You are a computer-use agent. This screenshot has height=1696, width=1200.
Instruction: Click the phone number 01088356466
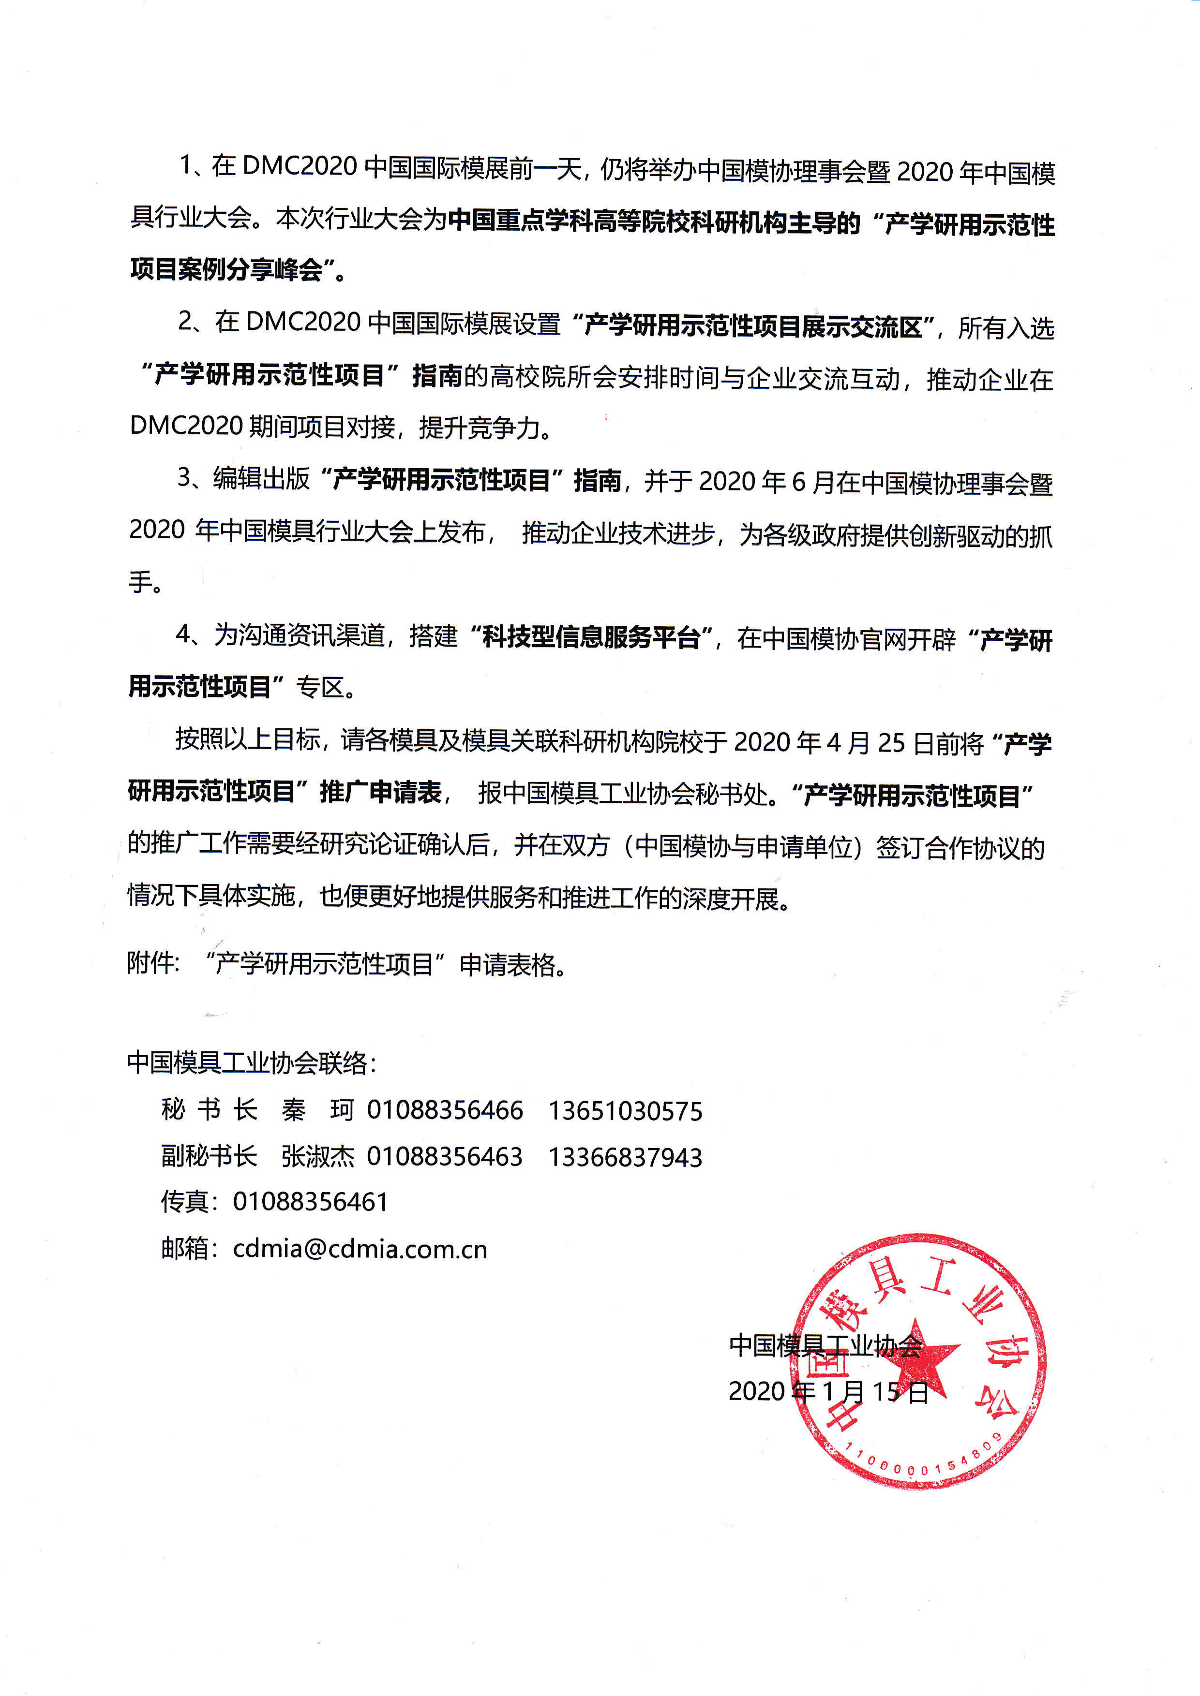tap(445, 1110)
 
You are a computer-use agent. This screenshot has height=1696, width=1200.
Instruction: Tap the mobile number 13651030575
tap(625, 1111)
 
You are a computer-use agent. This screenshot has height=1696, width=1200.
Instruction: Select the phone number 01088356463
tap(445, 1157)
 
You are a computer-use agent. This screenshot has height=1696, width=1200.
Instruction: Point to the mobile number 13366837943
tap(625, 1157)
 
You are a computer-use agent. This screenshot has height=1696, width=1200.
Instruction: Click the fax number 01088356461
tap(310, 1202)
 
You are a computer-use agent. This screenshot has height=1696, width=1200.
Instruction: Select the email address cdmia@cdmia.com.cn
tap(360, 1249)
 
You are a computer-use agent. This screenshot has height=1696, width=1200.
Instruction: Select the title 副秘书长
tap(209, 1157)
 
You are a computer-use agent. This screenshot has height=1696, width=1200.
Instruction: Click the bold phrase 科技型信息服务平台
tap(591, 637)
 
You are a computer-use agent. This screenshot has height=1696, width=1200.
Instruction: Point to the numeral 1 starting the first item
tap(185, 165)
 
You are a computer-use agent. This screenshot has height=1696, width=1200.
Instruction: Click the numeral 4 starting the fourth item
tap(183, 634)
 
